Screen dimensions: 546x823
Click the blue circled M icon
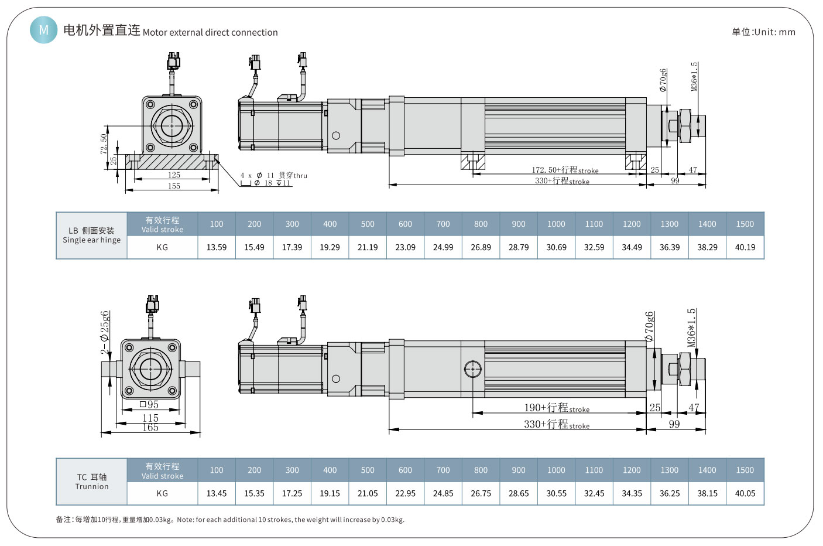pos(44,29)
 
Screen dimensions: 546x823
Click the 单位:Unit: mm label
pos(763,32)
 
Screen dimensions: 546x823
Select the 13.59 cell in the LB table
pos(217,247)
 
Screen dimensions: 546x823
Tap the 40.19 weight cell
pos(745,247)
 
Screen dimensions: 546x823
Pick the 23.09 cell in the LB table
pos(405,247)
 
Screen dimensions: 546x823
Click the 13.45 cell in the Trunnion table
pos(217,493)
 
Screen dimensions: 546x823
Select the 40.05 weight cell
pos(745,493)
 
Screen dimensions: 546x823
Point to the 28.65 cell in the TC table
pos(519,493)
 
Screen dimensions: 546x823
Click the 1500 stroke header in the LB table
pos(745,224)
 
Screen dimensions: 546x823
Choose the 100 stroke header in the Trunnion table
pos(217,470)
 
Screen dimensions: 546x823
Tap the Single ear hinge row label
pos(92,240)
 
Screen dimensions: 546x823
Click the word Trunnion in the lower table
pos(92,487)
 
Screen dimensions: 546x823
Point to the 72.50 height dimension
pos(104,144)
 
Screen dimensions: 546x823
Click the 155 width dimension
pos(174,186)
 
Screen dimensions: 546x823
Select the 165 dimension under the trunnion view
pos(150,428)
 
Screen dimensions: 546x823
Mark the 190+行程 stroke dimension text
pos(556,408)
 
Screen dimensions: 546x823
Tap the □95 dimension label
pos(150,405)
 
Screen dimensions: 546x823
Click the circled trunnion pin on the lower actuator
pos(472,369)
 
